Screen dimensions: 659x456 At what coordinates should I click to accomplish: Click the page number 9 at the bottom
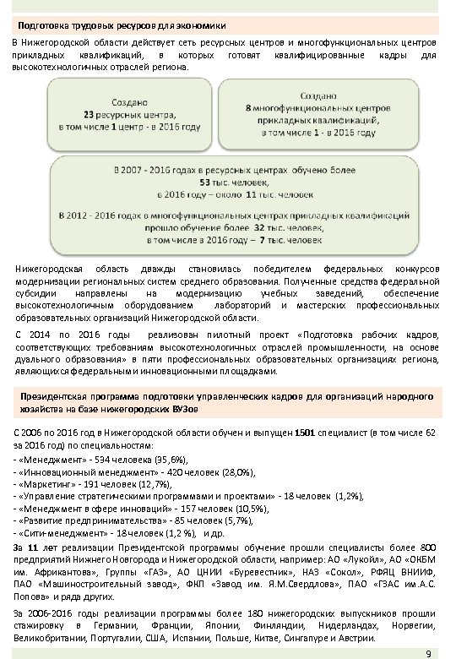tap(429, 652)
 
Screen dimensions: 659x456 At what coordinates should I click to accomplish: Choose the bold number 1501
tap(307, 432)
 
